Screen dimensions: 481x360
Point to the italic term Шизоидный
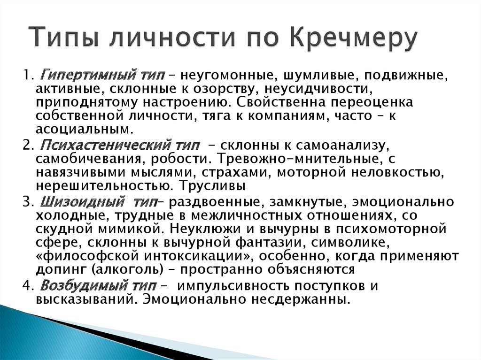pos(82,202)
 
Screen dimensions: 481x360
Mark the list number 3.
pos(27,202)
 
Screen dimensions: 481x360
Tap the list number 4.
pos(27,286)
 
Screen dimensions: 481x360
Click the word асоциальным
pos(85,130)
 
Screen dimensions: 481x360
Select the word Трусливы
pos(212,185)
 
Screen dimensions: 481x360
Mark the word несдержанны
pos(301,299)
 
